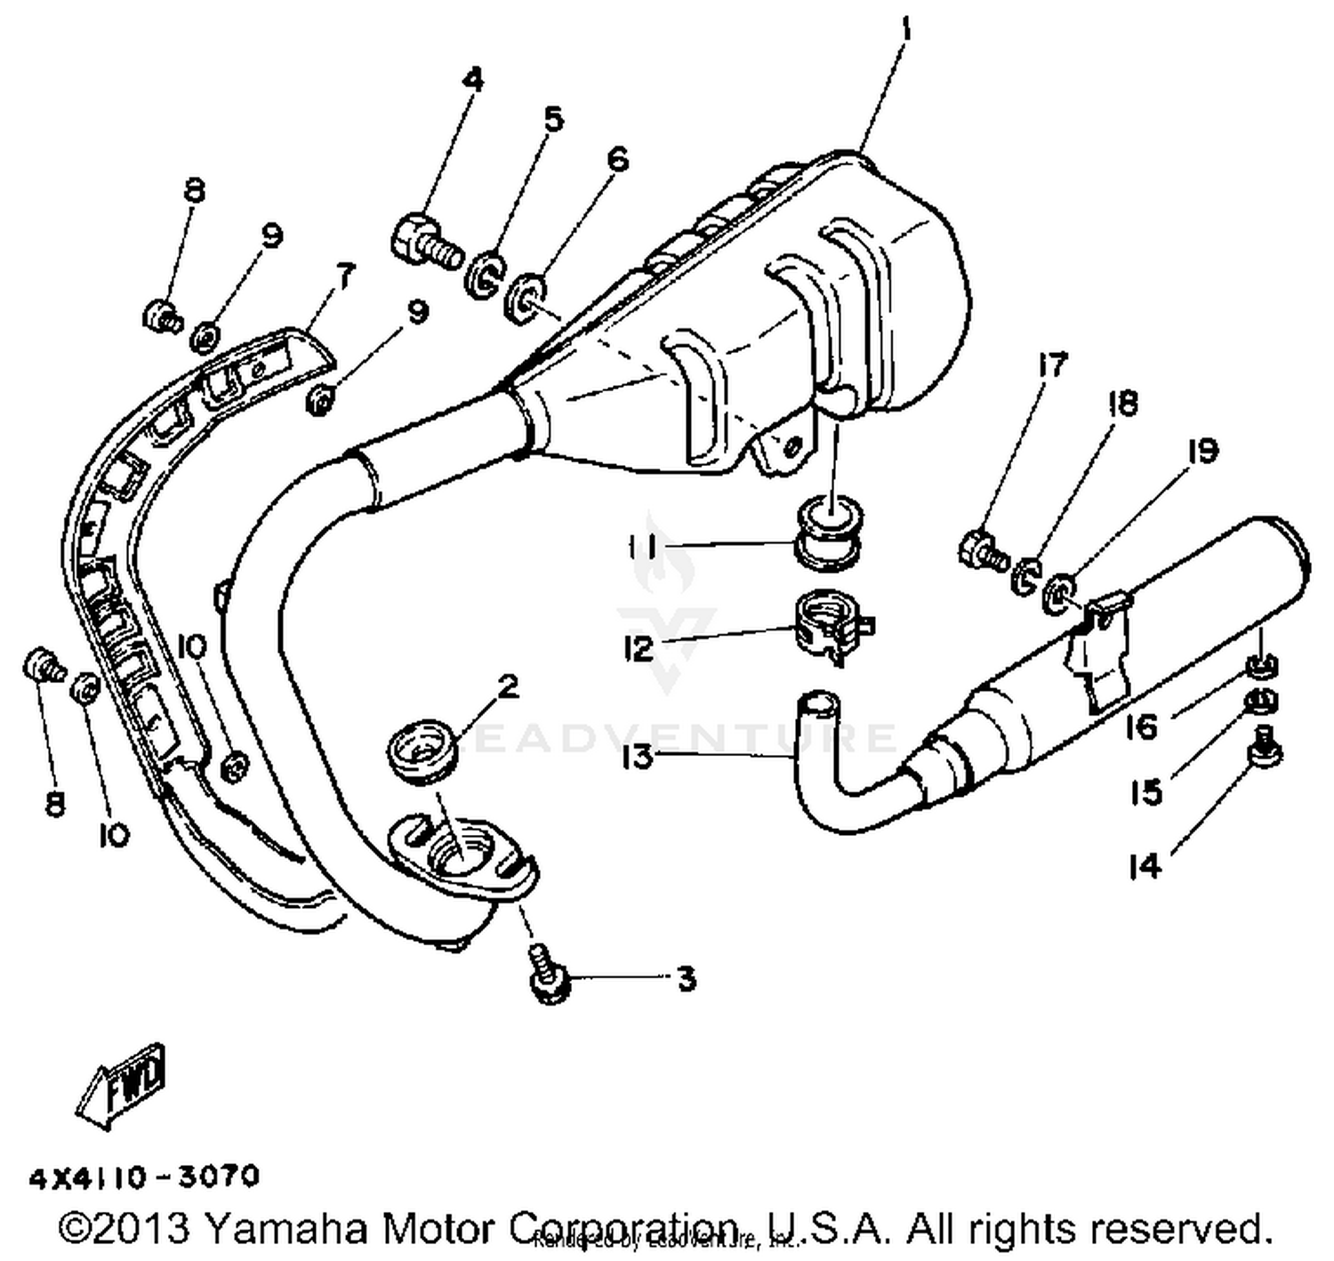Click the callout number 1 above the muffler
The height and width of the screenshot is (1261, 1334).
coord(905,30)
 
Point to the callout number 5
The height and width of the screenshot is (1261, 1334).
coord(553,119)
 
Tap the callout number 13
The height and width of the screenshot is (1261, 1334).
coord(638,758)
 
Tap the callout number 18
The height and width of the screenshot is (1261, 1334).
coord(1122,405)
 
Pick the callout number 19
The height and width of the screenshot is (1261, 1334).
coord(1201,451)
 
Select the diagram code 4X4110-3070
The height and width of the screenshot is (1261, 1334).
coord(145,1177)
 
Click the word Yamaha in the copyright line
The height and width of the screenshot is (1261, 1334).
coord(285,1229)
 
